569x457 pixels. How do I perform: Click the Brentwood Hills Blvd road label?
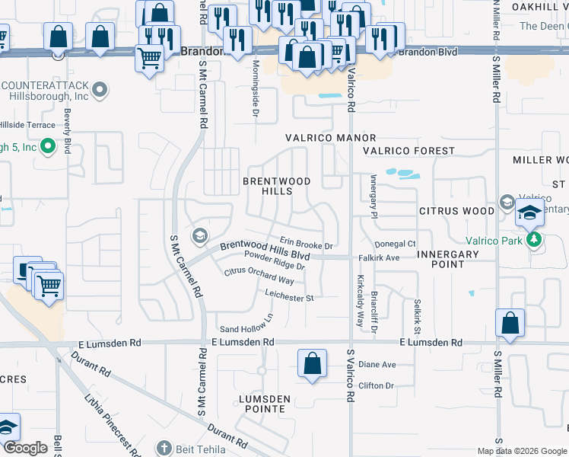pos(265,247)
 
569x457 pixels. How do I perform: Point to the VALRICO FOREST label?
pos(408,151)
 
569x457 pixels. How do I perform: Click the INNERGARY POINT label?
pos(447,259)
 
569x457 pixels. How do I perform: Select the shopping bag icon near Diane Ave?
pos(313,363)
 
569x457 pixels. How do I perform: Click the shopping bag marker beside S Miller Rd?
pos(509,323)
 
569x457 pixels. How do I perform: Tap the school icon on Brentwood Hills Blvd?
pos(200,235)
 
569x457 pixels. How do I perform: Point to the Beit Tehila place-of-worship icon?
pos(162,448)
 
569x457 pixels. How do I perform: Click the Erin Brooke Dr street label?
pos(306,244)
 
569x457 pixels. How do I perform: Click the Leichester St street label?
pos(289,296)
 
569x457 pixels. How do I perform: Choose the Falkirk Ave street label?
pos(379,258)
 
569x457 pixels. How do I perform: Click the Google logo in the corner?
pos(25,448)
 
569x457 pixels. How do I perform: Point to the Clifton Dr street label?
pos(376,385)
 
